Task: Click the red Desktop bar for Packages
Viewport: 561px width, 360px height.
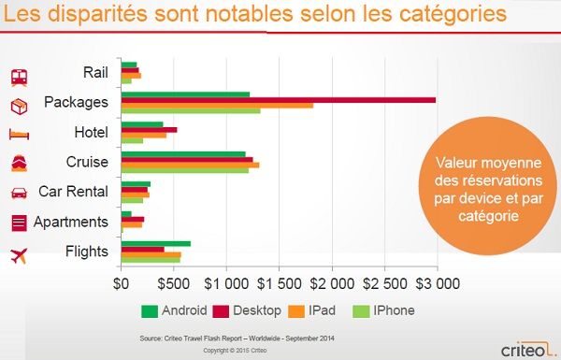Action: point(279,100)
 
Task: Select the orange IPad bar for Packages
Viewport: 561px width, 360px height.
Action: point(217,106)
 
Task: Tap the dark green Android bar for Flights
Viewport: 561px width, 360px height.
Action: point(156,244)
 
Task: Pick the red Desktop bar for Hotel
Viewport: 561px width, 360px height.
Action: point(150,130)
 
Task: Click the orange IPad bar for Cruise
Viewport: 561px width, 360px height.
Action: point(191,165)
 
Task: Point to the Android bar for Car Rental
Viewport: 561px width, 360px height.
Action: point(136,184)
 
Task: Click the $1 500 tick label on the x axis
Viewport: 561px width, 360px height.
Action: point(280,283)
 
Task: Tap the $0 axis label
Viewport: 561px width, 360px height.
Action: point(121,283)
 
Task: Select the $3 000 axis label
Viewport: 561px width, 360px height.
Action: point(438,283)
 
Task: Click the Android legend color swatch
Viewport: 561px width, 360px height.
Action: point(150,311)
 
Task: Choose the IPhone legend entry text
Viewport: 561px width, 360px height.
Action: point(394,310)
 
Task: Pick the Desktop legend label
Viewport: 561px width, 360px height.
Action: point(257,310)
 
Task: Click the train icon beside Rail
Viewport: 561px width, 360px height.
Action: point(20,78)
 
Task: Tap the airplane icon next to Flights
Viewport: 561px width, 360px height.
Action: point(19,256)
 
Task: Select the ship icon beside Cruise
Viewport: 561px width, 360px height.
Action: point(20,164)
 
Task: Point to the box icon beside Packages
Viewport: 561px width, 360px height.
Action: point(20,107)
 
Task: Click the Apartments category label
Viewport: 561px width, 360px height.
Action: point(71,223)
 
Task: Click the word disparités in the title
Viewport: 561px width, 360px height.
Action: point(97,14)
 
